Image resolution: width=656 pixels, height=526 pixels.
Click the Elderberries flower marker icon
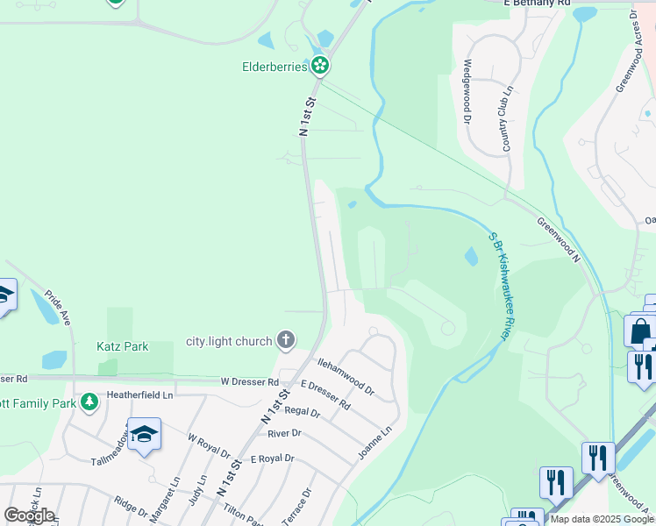[x=321, y=65]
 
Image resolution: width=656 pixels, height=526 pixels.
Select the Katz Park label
[x=123, y=347]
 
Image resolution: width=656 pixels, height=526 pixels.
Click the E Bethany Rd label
[x=538, y=4]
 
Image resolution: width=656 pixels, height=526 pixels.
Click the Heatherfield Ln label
[x=141, y=395]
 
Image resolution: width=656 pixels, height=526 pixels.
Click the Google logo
[x=29, y=515]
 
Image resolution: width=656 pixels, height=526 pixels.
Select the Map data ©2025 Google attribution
[x=602, y=520]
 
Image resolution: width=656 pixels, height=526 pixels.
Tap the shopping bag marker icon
[x=639, y=331]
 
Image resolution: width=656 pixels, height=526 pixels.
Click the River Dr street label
[x=284, y=433]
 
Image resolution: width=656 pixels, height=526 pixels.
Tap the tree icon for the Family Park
[x=89, y=402]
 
